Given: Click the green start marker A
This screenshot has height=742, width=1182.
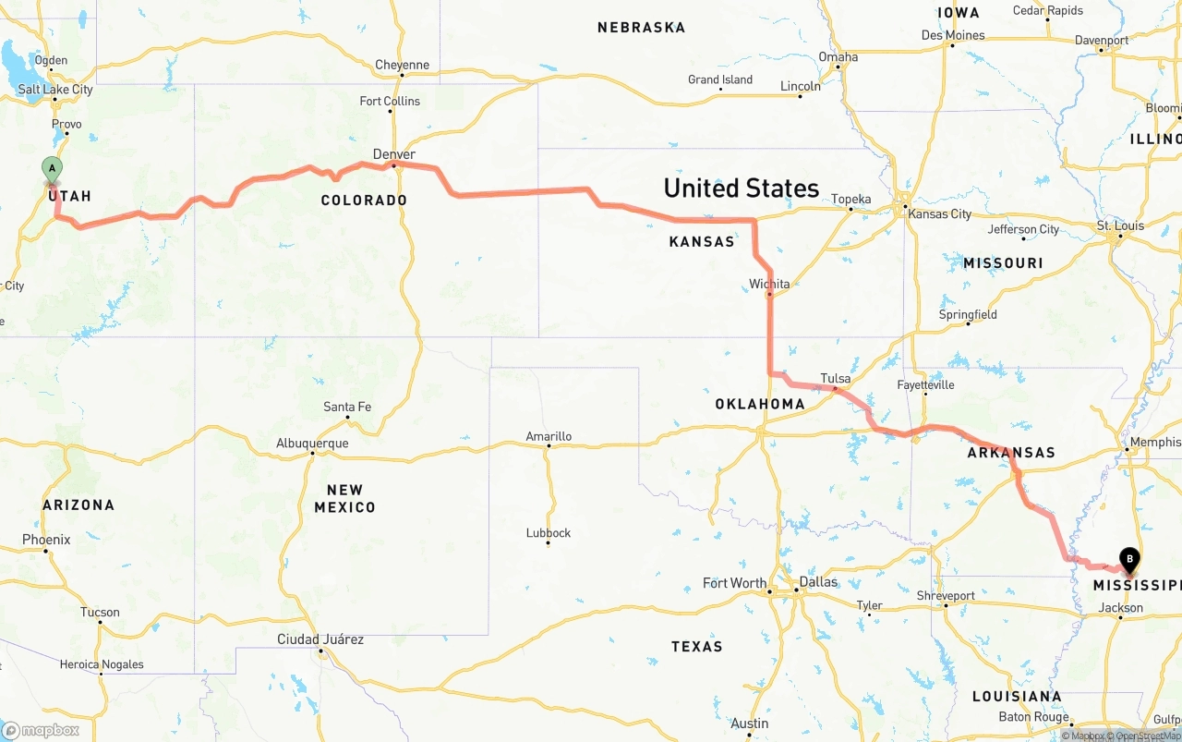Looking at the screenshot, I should (53, 169).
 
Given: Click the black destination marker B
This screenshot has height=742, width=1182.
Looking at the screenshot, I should (1128, 558).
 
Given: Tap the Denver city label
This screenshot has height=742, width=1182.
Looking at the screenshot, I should (394, 154).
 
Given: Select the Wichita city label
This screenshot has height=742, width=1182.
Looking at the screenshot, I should (769, 284).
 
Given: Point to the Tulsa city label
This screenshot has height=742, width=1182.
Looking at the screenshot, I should (835, 378).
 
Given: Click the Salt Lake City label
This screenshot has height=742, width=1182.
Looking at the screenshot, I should (55, 90).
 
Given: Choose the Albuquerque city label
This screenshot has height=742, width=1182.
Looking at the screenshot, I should (312, 444).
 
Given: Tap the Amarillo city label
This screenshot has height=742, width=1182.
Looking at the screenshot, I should (549, 436).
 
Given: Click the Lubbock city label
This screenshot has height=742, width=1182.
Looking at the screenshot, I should (549, 532).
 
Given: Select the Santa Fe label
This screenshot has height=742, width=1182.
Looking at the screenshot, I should (347, 407).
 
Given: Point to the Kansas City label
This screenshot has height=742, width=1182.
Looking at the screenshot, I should (939, 213).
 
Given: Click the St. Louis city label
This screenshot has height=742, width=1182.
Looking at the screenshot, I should (1120, 225).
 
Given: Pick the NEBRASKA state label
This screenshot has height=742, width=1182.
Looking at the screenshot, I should (641, 28).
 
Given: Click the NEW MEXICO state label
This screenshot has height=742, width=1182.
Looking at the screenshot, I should (344, 498).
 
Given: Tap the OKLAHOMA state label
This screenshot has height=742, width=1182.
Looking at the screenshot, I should (760, 404).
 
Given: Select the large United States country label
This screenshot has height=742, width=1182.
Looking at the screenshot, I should (741, 189).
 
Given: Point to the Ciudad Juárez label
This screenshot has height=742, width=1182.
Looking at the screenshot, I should (320, 639).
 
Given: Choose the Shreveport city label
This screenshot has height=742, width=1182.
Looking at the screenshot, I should (945, 596).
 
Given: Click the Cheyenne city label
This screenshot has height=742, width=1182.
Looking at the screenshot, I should (402, 65).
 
